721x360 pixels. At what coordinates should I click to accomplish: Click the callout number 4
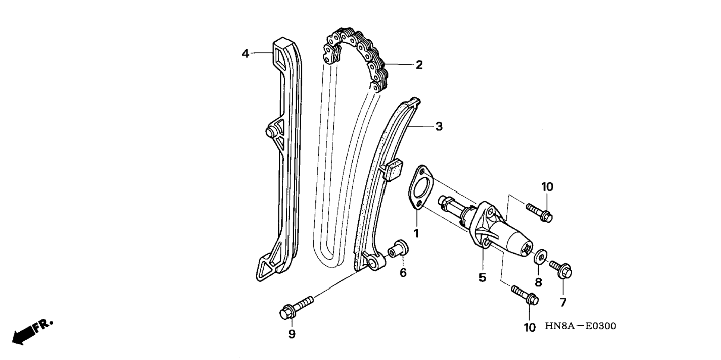point(245,54)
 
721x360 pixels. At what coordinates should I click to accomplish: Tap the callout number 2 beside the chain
point(419,65)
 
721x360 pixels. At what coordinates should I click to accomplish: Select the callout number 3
point(439,126)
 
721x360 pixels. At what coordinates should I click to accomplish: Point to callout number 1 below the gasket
point(416,234)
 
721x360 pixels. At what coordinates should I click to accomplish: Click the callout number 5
point(482,278)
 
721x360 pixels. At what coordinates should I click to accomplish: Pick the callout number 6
point(403,273)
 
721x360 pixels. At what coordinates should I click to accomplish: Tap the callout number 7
point(563,302)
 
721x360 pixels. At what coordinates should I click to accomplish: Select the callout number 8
point(538,282)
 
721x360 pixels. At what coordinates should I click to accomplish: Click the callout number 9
point(292,334)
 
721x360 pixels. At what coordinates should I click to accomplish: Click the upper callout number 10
point(547,187)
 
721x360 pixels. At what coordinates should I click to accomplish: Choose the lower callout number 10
point(530,328)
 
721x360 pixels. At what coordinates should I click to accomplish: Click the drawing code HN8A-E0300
point(580,326)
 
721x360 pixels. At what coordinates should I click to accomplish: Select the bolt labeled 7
point(561,269)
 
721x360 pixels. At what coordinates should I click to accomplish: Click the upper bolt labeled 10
point(540,212)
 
